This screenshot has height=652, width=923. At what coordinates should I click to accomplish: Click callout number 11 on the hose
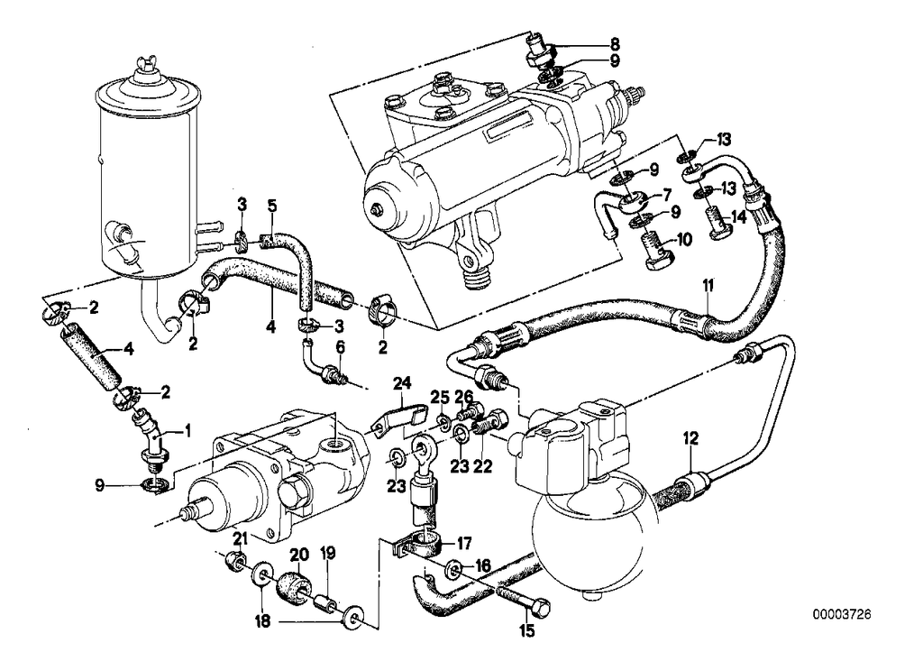point(708,286)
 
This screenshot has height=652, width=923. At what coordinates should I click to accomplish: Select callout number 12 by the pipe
point(690,439)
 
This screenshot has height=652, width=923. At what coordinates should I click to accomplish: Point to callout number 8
point(615,42)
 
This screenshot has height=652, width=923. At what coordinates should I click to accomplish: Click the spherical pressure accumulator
point(591,541)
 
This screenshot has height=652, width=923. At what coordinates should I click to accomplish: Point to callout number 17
point(465,543)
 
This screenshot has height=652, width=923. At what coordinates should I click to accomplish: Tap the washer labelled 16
point(454,569)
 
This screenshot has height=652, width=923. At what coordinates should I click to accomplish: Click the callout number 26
point(463,396)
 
